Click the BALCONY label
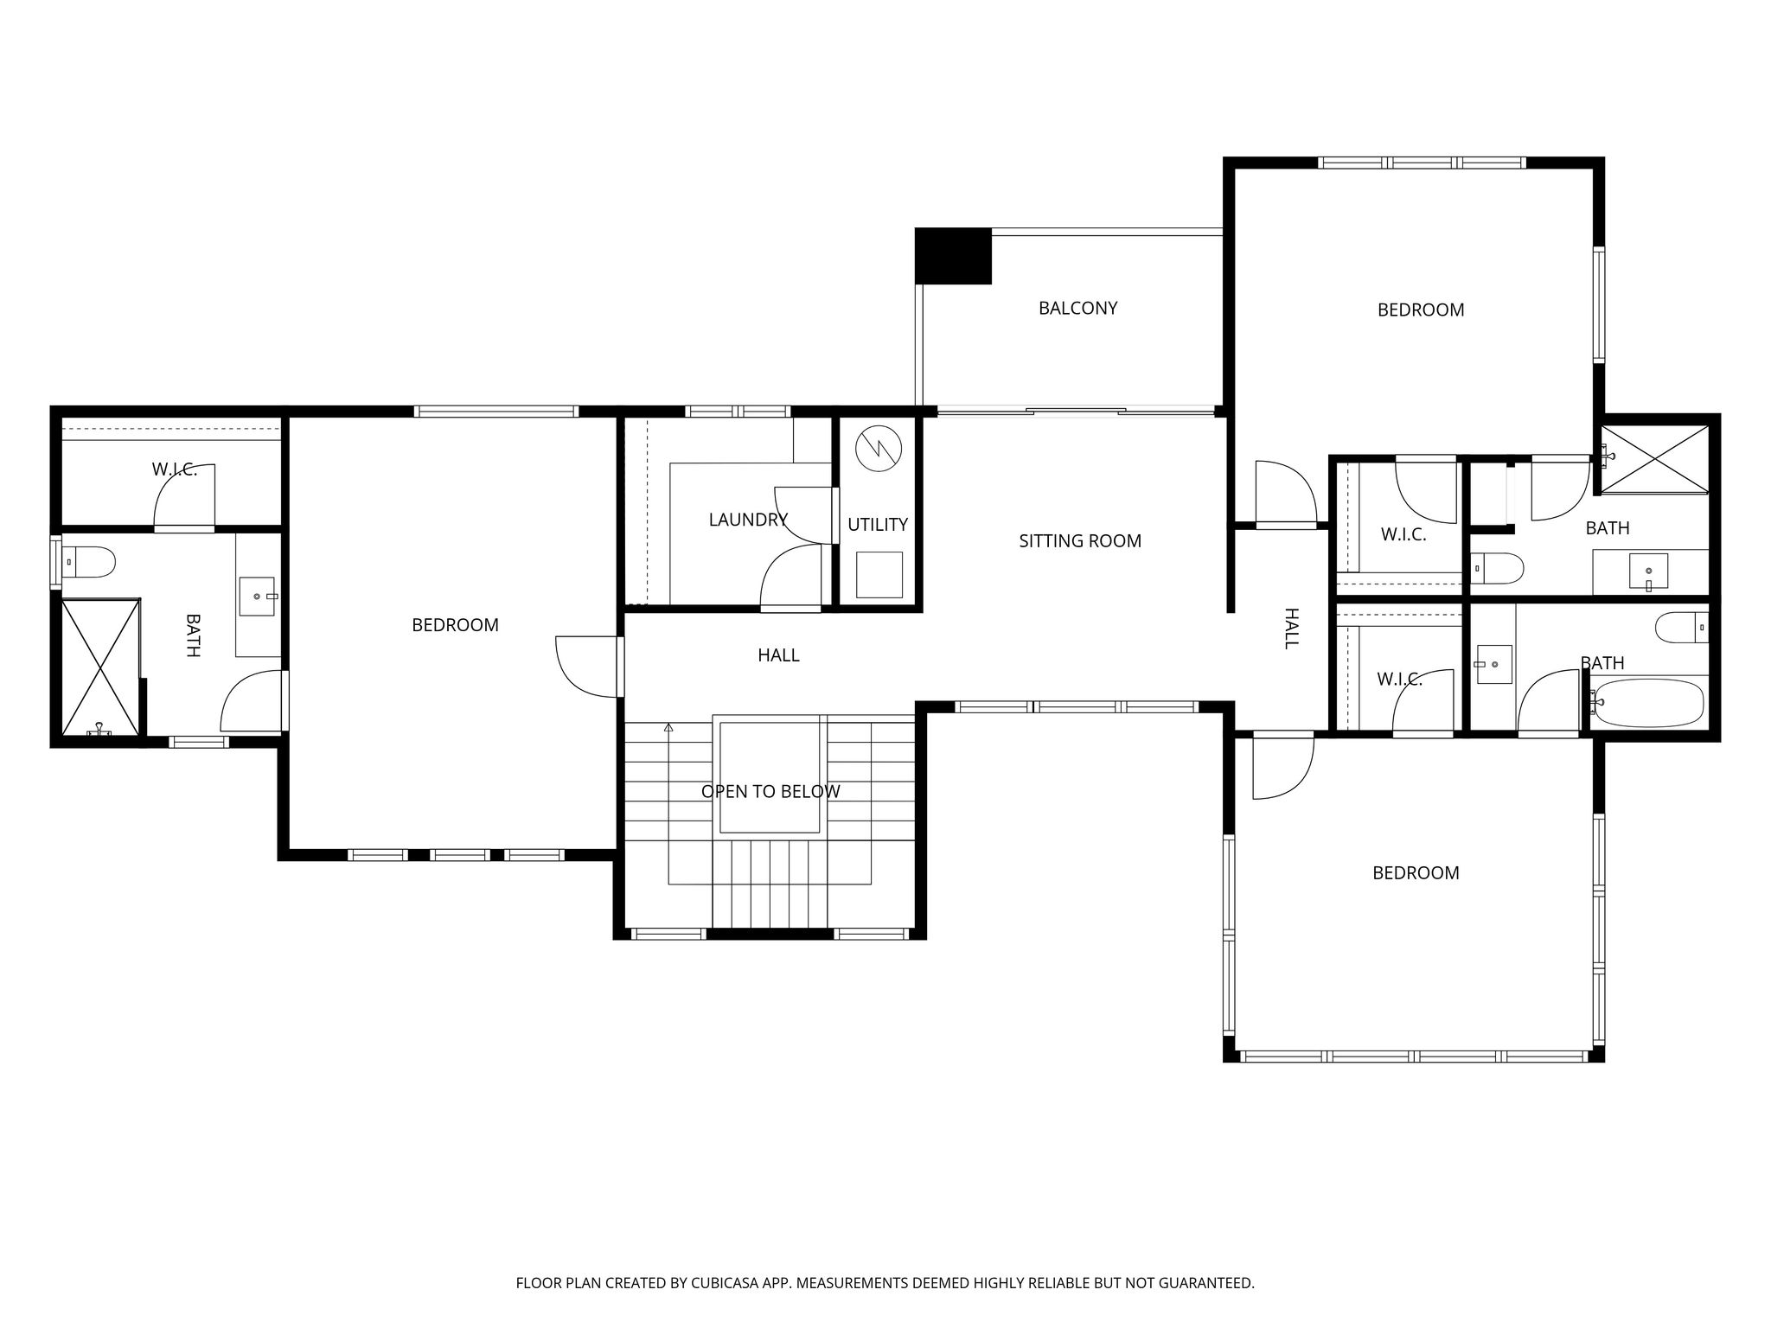(1077, 308)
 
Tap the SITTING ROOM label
(1080, 541)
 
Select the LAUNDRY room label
(748, 520)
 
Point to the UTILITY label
(878, 525)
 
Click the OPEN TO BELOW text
(770, 791)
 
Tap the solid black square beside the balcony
(953, 256)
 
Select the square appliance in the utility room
(879, 575)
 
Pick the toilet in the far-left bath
(89, 563)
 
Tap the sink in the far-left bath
(258, 597)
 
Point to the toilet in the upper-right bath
(1498, 569)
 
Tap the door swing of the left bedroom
(587, 666)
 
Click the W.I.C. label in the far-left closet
(175, 470)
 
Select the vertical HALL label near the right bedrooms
(1291, 629)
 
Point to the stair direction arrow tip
(668, 726)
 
